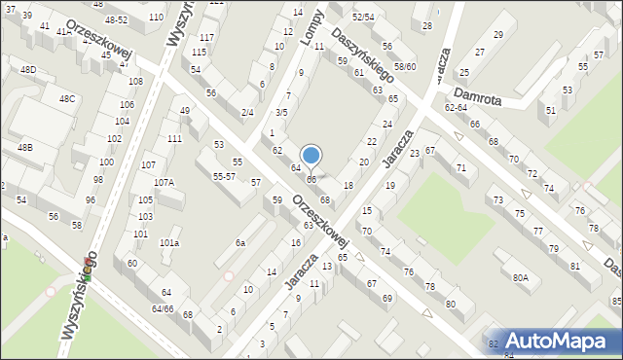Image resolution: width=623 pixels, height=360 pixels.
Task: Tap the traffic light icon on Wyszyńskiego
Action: coord(88,276)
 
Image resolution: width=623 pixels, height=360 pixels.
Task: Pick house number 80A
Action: coord(521,278)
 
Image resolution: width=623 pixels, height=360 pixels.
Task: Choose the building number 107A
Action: coord(164,182)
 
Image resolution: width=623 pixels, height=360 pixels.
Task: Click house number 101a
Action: coord(169,242)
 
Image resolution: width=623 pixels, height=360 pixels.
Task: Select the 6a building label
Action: coord(239,241)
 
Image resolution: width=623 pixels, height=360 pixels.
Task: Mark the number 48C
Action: coord(66,99)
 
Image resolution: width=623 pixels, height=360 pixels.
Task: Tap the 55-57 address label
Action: coord(223,176)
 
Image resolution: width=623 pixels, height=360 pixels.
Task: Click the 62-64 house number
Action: coord(457,107)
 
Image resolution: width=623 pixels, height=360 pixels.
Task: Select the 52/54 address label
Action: coord(363,18)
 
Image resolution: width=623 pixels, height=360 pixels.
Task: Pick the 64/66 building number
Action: coord(163,308)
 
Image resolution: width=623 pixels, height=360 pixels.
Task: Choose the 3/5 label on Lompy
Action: coord(280,113)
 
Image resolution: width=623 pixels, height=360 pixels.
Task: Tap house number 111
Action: coord(174,139)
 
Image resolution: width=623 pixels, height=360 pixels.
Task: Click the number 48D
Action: coord(28,69)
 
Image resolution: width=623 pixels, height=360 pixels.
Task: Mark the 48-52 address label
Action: coord(116,19)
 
